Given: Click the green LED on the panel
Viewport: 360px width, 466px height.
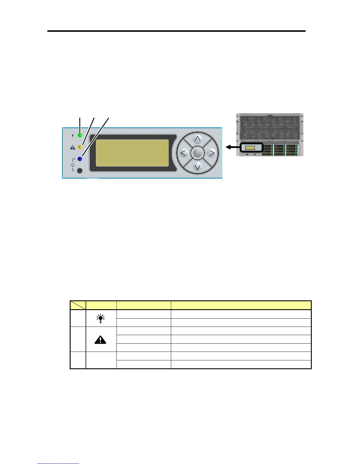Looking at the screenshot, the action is (x=80, y=135).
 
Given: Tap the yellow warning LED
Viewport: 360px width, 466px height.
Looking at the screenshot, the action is (x=80, y=147).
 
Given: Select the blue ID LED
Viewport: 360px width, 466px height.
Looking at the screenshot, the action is (x=80, y=159).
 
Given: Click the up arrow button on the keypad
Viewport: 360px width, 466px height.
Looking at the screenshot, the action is (x=198, y=139).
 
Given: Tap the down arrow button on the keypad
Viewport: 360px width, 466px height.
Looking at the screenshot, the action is (x=198, y=167).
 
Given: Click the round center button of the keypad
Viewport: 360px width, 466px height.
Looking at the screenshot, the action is (x=198, y=153).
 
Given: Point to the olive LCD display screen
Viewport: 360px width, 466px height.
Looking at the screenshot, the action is (x=132, y=153).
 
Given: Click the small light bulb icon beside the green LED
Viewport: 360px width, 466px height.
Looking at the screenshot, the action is (x=72, y=136).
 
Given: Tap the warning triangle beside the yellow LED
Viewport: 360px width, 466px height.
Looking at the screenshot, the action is (x=72, y=147).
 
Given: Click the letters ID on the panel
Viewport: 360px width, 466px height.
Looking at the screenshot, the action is (x=72, y=165).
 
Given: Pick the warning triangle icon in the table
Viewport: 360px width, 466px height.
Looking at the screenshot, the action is (x=101, y=340).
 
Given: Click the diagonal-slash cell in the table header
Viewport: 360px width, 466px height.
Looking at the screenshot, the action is (x=78, y=305).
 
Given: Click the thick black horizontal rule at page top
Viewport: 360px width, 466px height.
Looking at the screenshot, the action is (x=176, y=31).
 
